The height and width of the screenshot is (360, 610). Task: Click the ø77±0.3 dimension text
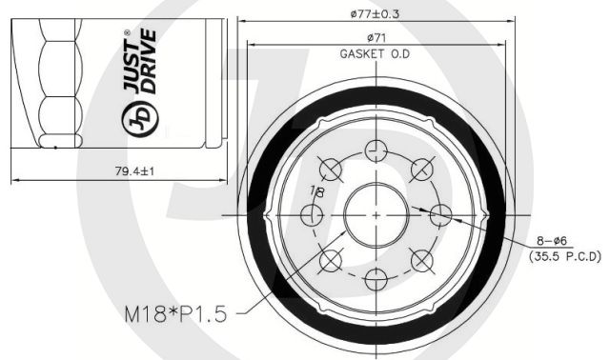[x=375, y=14]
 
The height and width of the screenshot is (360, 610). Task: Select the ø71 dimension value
[x=376, y=38]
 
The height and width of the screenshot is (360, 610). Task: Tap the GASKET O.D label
[x=375, y=53]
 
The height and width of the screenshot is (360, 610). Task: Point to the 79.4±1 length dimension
[x=134, y=170]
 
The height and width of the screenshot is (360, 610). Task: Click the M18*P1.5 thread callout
[x=175, y=313]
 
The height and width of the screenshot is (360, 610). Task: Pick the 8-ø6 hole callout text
[x=552, y=241]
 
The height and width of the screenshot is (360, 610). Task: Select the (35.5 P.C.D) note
[x=565, y=256]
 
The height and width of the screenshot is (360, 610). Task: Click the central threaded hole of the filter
[x=376, y=215]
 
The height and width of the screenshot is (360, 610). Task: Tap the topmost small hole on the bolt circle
[x=376, y=150]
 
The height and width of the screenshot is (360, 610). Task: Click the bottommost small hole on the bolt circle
[x=376, y=279]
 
